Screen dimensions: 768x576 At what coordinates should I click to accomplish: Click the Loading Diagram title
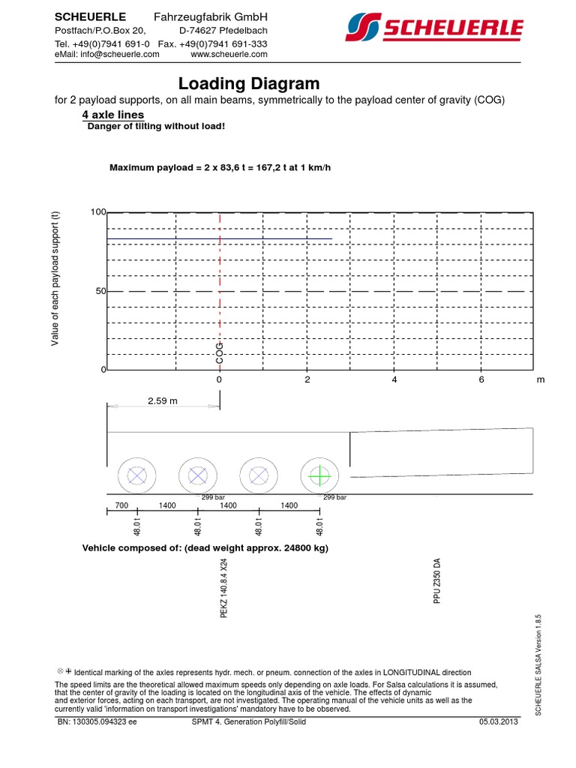click(x=249, y=83)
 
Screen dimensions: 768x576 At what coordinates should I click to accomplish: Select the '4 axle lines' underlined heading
click(x=112, y=115)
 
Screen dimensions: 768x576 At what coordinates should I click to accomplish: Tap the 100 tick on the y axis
click(x=97, y=212)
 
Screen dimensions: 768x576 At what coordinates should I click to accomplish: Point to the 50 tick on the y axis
click(x=100, y=291)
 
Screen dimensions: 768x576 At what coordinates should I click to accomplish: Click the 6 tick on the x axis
click(x=482, y=380)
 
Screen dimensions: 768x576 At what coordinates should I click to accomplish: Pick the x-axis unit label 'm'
click(x=540, y=380)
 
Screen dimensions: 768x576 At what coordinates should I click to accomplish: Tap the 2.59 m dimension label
click(x=163, y=400)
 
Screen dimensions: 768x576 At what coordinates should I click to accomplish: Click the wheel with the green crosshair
click(x=319, y=475)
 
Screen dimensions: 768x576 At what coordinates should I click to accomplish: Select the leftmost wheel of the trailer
click(x=136, y=475)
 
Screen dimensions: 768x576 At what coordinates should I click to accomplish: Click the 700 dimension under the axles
click(x=122, y=505)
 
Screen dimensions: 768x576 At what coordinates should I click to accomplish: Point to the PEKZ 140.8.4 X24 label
click(x=223, y=589)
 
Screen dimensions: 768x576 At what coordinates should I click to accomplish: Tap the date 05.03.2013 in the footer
click(x=499, y=721)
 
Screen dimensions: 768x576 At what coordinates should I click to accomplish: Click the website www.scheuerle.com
click(x=229, y=54)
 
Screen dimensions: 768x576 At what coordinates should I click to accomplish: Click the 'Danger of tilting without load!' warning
click(x=156, y=126)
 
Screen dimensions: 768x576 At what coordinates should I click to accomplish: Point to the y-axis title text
click(x=55, y=279)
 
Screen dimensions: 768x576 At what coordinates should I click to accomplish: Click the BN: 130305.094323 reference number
click(x=97, y=721)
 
